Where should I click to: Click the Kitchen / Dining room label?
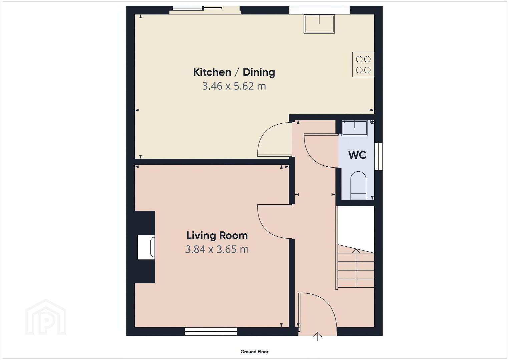tap(234, 72)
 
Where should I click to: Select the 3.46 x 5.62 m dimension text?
tap(234, 86)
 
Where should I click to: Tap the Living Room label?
tap(217, 236)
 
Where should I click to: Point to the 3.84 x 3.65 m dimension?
tap(217, 249)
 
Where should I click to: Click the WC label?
tap(357, 155)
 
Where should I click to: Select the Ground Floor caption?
tap(255, 352)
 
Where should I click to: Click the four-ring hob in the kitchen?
tap(363, 65)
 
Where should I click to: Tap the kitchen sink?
tap(319, 24)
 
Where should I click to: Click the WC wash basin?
tap(355, 128)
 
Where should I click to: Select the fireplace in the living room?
tap(146, 247)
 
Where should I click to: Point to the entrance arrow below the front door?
tap(318, 337)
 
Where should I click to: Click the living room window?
tap(211, 331)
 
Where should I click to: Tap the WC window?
tap(378, 156)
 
